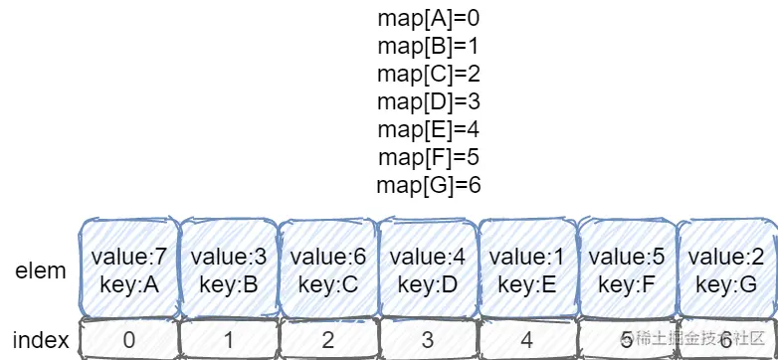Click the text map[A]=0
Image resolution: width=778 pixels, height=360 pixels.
pos(430,18)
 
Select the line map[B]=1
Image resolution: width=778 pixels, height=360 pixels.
pos(430,46)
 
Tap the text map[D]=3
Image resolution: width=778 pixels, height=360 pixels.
pos(430,101)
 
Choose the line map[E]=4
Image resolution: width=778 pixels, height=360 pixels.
pos(430,129)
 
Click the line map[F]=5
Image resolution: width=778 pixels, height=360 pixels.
pos(430,157)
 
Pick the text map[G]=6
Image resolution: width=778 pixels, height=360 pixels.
pos(430,185)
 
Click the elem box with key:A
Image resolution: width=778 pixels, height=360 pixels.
pos(128,270)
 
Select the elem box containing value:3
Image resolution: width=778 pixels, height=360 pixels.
pos(228,270)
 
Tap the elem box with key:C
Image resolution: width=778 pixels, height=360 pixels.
pos(327,270)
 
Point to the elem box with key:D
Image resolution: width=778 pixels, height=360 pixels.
pos(427,270)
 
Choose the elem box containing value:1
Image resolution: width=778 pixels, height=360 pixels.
pos(526,270)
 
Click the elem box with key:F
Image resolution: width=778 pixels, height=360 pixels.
pos(627,270)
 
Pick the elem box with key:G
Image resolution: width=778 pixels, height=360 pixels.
pos(726,270)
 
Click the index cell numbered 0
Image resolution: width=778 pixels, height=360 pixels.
pos(128,340)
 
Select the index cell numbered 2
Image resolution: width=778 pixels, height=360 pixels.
pos(327,340)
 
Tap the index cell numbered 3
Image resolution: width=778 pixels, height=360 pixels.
pos(427,340)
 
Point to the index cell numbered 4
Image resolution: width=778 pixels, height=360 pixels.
pos(526,340)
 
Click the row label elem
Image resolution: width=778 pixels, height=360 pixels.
pos(41,270)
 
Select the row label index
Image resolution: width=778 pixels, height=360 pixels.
pos(41,340)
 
